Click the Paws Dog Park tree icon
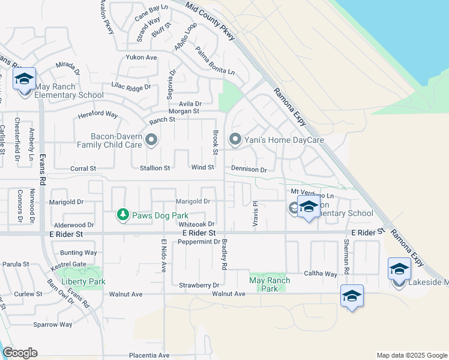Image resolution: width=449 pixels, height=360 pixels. tap(122, 214)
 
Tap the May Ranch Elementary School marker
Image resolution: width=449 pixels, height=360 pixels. tap(25, 80)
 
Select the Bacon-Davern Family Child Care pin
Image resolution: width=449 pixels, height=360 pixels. tap(151, 140)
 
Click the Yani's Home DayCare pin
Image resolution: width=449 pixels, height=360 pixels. tap(235, 140)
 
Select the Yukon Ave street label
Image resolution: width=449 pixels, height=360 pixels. tap(141, 58)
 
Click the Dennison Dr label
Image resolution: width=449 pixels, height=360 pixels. tap(249, 170)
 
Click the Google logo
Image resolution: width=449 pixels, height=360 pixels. tap(20, 353)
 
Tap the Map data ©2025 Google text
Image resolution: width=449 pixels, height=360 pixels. tap(411, 355)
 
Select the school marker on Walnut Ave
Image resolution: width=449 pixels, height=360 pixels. tap(352, 296)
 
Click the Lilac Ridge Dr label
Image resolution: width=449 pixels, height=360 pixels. tap(131, 88)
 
